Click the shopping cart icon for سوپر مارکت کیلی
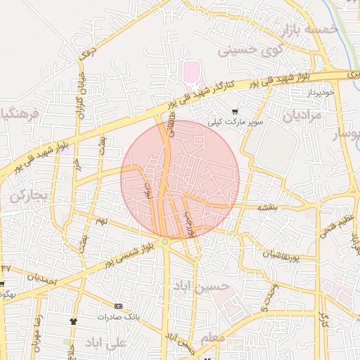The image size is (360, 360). click(x=235, y=111)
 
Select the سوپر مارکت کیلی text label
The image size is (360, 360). click(x=235, y=122)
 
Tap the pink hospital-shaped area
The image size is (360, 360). click(x=191, y=71)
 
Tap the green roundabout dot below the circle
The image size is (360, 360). click(x=165, y=242)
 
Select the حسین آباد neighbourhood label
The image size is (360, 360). click(x=201, y=286)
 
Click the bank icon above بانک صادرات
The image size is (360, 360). click(x=118, y=306)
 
